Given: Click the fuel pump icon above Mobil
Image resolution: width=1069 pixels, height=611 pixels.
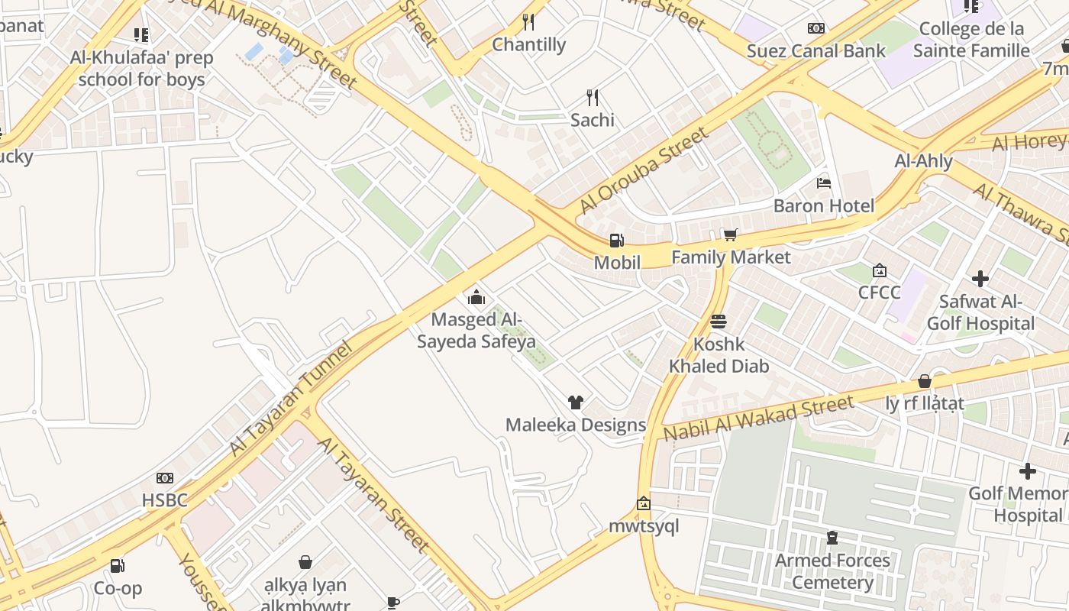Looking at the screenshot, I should pyautogui.click(x=615, y=241).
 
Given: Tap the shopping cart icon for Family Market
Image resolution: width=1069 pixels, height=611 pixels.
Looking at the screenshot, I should pyautogui.click(x=731, y=234).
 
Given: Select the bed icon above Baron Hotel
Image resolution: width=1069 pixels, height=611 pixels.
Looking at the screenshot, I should pyautogui.click(x=824, y=183).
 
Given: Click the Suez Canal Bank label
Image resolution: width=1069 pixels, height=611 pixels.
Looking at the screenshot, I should pyautogui.click(x=815, y=51).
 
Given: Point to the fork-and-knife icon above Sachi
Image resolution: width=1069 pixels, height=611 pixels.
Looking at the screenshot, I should pyautogui.click(x=592, y=97).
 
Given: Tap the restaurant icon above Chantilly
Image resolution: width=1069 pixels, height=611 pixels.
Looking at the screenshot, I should pyautogui.click(x=528, y=22).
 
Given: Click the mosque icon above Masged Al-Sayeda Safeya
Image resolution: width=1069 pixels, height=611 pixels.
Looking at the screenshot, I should pyautogui.click(x=476, y=297).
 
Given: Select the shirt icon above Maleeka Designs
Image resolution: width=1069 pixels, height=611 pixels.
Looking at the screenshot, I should pyautogui.click(x=576, y=402).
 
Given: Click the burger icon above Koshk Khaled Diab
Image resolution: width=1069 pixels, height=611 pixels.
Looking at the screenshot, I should pyautogui.click(x=718, y=322).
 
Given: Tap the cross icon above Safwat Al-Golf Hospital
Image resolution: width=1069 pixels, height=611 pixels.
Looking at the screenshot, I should pyautogui.click(x=980, y=279).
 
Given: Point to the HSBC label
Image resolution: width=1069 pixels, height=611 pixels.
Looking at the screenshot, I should pyautogui.click(x=164, y=501).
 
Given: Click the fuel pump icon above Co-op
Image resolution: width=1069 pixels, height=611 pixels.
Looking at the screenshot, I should pyautogui.click(x=118, y=566).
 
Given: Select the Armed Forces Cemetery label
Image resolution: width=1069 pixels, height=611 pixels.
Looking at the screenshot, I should pyautogui.click(x=832, y=571).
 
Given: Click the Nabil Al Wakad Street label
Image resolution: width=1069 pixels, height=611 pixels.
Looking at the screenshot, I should pyautogui.click(x=757, y=418).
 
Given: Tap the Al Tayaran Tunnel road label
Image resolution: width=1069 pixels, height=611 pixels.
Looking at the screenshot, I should pyautogui.click(x=292, y=399).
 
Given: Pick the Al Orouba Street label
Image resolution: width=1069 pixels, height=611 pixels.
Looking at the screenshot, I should pyautogui.click(x=643, y=171).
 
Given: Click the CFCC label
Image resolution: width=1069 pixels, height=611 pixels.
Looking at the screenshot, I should pyautogui.click(x=879, y=293).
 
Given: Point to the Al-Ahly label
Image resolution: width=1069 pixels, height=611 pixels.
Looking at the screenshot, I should pyautogui.click(x=923, y=161).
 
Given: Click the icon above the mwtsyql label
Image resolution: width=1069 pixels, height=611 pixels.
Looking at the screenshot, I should pyautogui.click(x=643, y=503).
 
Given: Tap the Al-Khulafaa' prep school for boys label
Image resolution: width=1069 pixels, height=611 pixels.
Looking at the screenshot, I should pyautogui.click(x=141, y=69).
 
